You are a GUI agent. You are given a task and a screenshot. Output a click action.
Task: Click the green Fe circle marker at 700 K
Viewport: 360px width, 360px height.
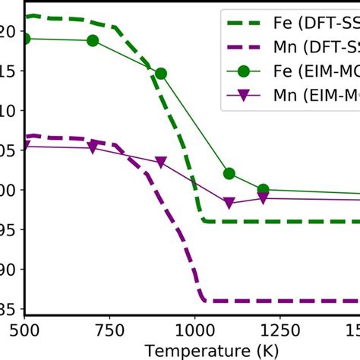pos(93,40)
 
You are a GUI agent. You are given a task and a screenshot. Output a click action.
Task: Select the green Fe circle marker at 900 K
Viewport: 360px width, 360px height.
pos(160,74)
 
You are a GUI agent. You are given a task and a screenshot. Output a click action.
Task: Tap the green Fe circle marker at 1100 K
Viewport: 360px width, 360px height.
pos(229,174)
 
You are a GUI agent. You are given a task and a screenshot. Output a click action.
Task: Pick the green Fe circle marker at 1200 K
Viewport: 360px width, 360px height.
pos(263,189)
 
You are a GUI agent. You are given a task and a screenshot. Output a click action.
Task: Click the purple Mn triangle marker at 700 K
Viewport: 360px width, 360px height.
pos(93,148)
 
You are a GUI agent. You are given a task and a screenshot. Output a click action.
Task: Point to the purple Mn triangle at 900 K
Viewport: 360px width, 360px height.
pos(160,163)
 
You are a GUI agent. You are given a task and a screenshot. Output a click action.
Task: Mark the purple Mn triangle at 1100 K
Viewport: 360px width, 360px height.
pos(229,203)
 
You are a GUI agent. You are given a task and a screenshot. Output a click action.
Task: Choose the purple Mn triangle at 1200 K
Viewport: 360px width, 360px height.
pos(263,197)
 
